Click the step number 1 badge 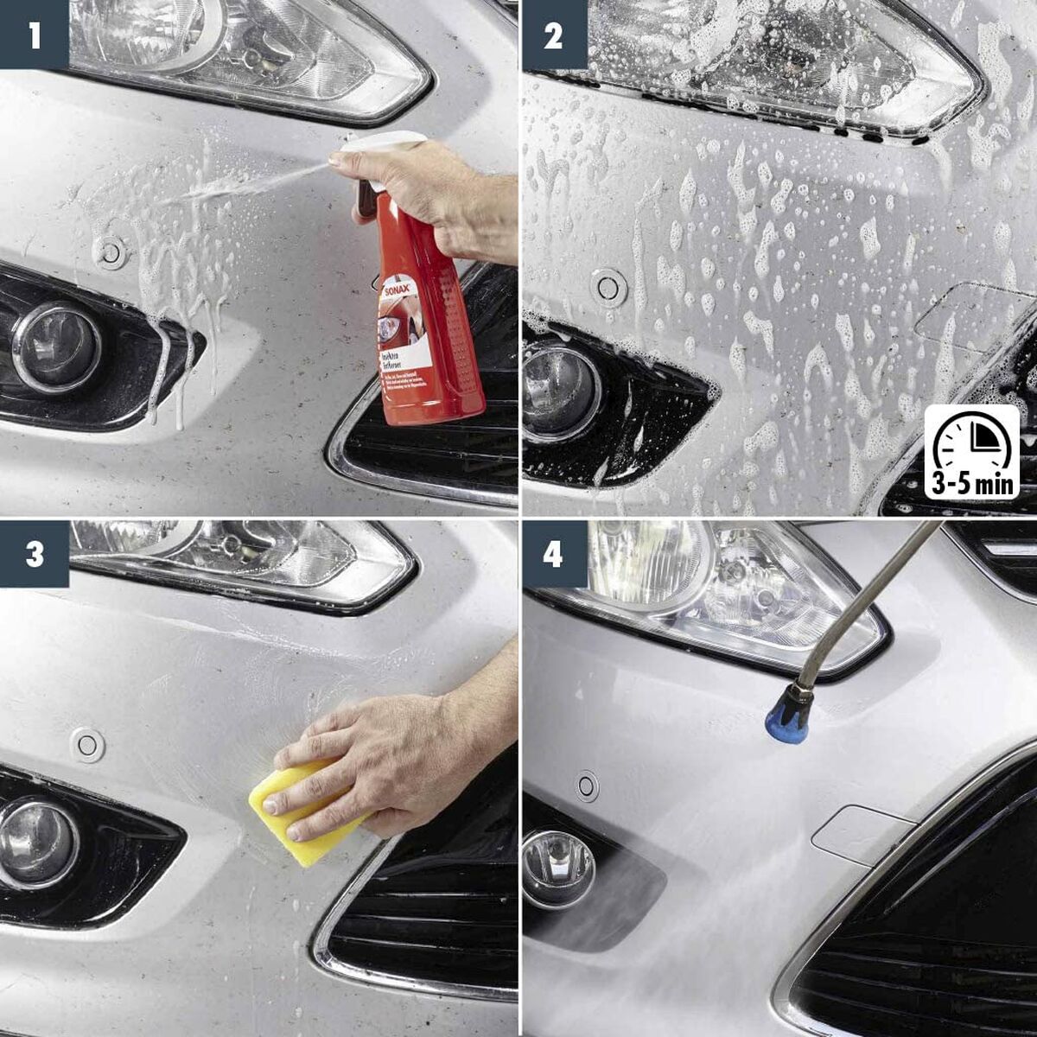point(34,35)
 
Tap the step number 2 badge point(553,35)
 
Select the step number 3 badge point(34,553)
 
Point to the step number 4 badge point(553,553)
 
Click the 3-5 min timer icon point(972,453)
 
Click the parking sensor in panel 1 point(110,251)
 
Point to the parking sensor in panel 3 point(87,744)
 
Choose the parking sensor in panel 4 point(587,786)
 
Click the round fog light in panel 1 point(56,346)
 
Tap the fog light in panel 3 point(36,843)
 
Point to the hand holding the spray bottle point(432,194)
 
